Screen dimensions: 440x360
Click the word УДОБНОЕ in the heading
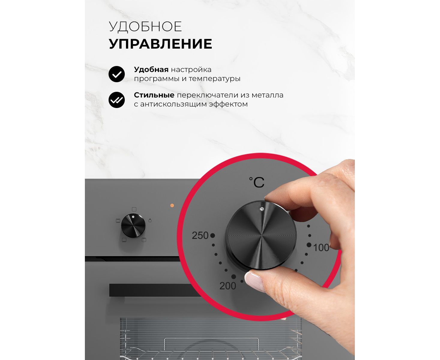click(x=145, y=26)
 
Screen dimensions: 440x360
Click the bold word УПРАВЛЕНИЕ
click(x=160, y=44)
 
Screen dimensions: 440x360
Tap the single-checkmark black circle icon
click(x=117, y=74)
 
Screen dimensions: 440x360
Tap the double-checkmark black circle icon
click(x=117, y=100)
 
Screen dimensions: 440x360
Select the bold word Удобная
click(x=151, y=70)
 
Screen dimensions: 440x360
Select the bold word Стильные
click(x=154, y=95)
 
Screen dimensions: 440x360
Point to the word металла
click(x=268, y=95)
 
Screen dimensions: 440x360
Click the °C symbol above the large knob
click(x=257, y=182)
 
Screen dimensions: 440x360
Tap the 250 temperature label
click(x=200, y=235)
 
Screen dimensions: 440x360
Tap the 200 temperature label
click(x=228, y=286)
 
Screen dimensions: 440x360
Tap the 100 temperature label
click(x=321, y=247)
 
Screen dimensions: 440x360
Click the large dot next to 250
click(x=213, y=235)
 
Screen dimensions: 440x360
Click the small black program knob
click(x=133, y=226)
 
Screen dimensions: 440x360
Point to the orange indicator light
click(x=172, y=205)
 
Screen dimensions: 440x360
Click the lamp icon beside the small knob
click(x=150, y=220)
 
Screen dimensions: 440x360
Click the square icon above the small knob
click(x=134, y=209)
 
